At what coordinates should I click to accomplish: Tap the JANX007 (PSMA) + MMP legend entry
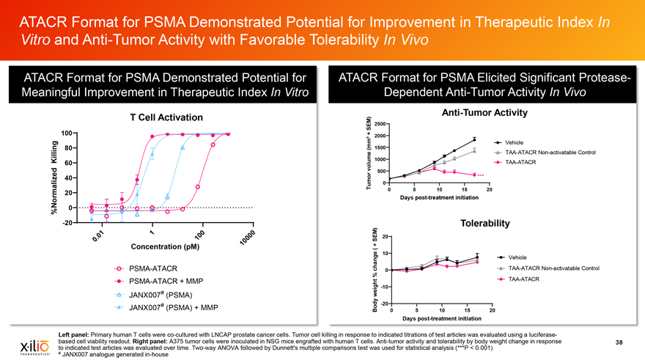pyautogui.click(x=174, y=307)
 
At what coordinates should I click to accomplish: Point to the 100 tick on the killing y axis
pyautogui.click(x=66, y=133)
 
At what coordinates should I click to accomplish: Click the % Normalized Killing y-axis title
pyautogui.click(x=53, y=175)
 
